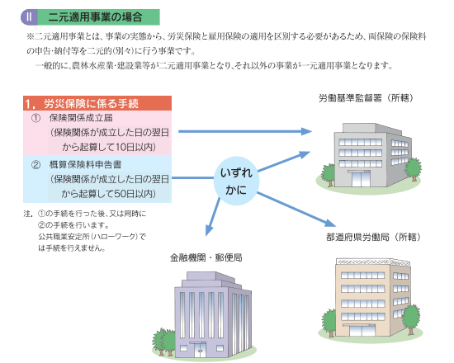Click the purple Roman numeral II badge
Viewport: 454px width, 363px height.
tap(29, 17)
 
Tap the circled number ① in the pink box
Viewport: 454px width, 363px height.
tap(35, 118)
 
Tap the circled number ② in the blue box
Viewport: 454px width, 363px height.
tap(35, 165)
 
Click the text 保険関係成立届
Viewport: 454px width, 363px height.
tap(81, 118)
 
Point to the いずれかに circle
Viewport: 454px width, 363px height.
tap(236, 181)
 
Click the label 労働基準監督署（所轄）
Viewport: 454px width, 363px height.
tap(366, 98)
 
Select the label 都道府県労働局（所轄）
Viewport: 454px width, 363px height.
tap(373, 237)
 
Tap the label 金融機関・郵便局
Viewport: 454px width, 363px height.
tap(206, 257)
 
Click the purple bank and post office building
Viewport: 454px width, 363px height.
tap(205, 315)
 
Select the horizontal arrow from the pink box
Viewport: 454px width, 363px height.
tap(245, 131)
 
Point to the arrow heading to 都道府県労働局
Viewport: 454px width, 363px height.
tap(296, 210)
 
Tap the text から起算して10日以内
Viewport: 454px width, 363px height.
tap(109, 147)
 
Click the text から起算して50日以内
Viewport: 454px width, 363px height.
tap(109, 194)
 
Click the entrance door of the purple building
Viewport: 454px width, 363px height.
tap(199, 351)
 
